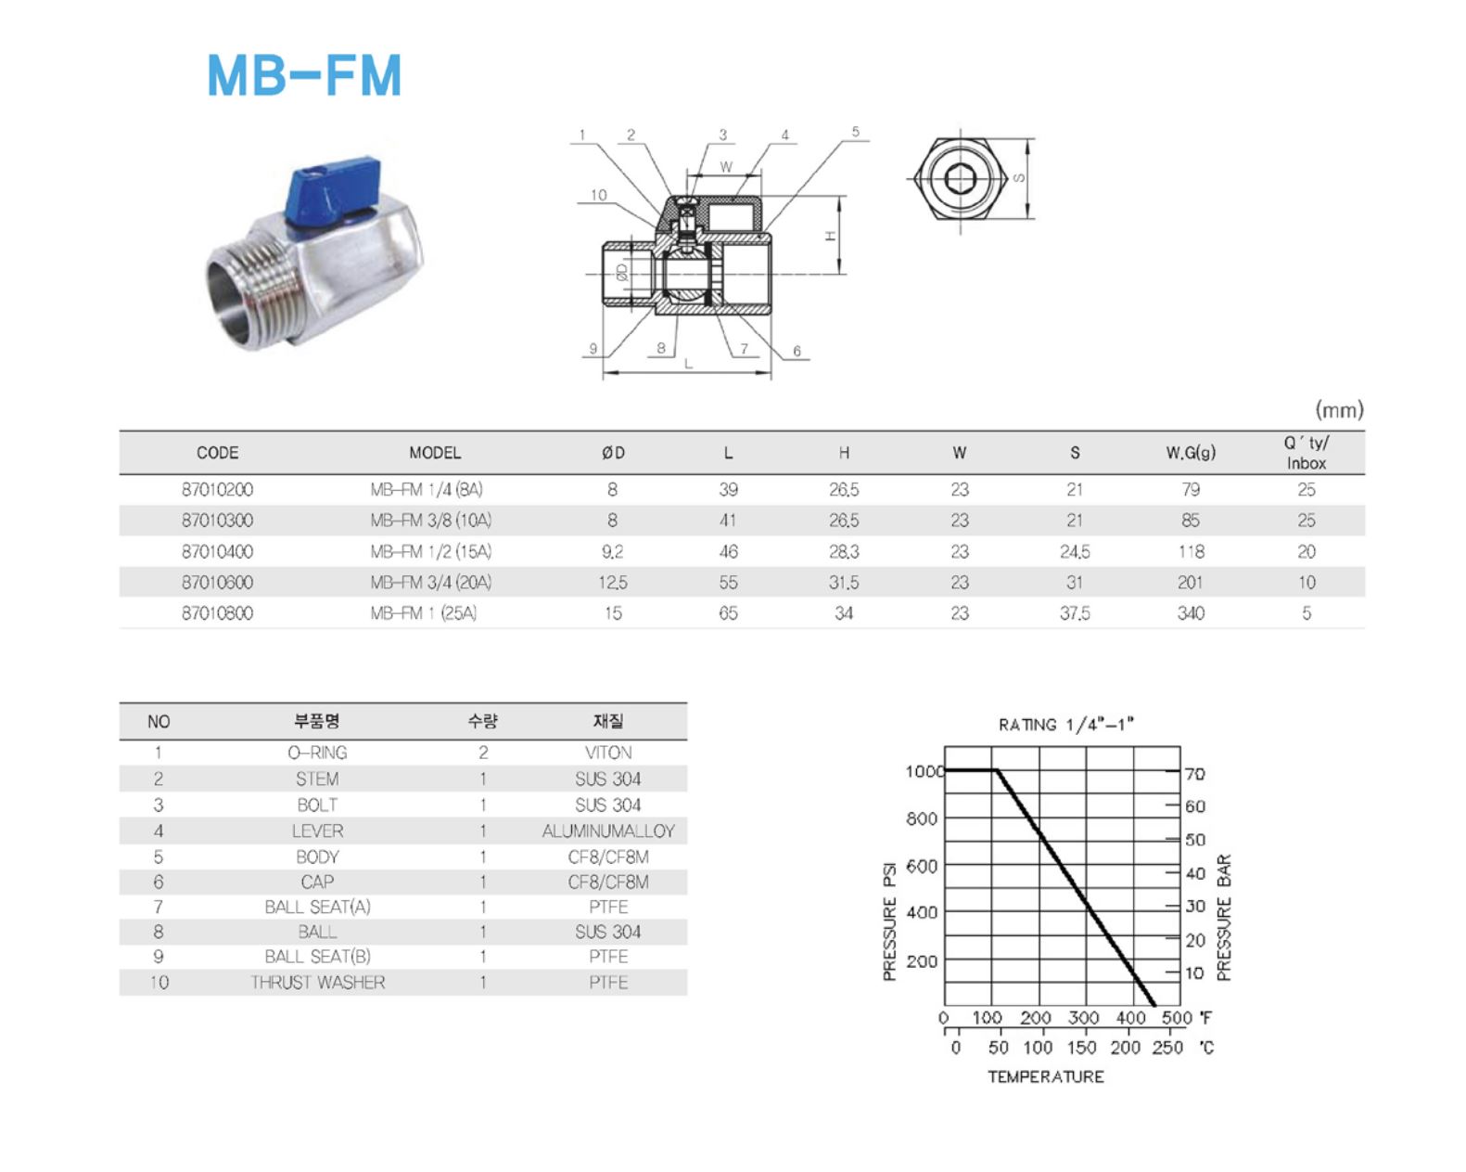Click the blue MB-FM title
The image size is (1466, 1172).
point(304,75)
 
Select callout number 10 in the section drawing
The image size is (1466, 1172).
point(598,195)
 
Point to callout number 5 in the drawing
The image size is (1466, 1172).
point(856,132)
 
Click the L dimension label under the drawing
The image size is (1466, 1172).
point(688,364)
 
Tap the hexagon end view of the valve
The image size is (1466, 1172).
point(961,179)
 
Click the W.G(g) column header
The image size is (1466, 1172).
point(1190,453)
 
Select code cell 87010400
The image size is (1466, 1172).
point(217,551)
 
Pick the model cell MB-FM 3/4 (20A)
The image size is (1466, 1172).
point(430,582)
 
